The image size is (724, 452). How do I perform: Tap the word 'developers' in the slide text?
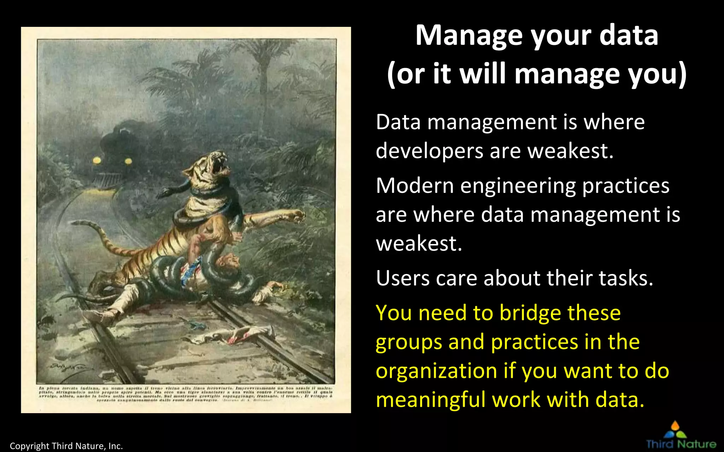tap(429, 151)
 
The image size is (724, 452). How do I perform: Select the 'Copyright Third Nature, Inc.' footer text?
tap(66, 446)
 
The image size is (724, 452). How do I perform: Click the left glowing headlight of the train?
tap(97, 161)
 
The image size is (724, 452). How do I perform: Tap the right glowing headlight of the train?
tap(128, 161)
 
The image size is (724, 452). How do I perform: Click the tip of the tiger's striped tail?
tap(75, 223)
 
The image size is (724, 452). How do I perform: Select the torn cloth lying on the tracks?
tap(233, 334)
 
